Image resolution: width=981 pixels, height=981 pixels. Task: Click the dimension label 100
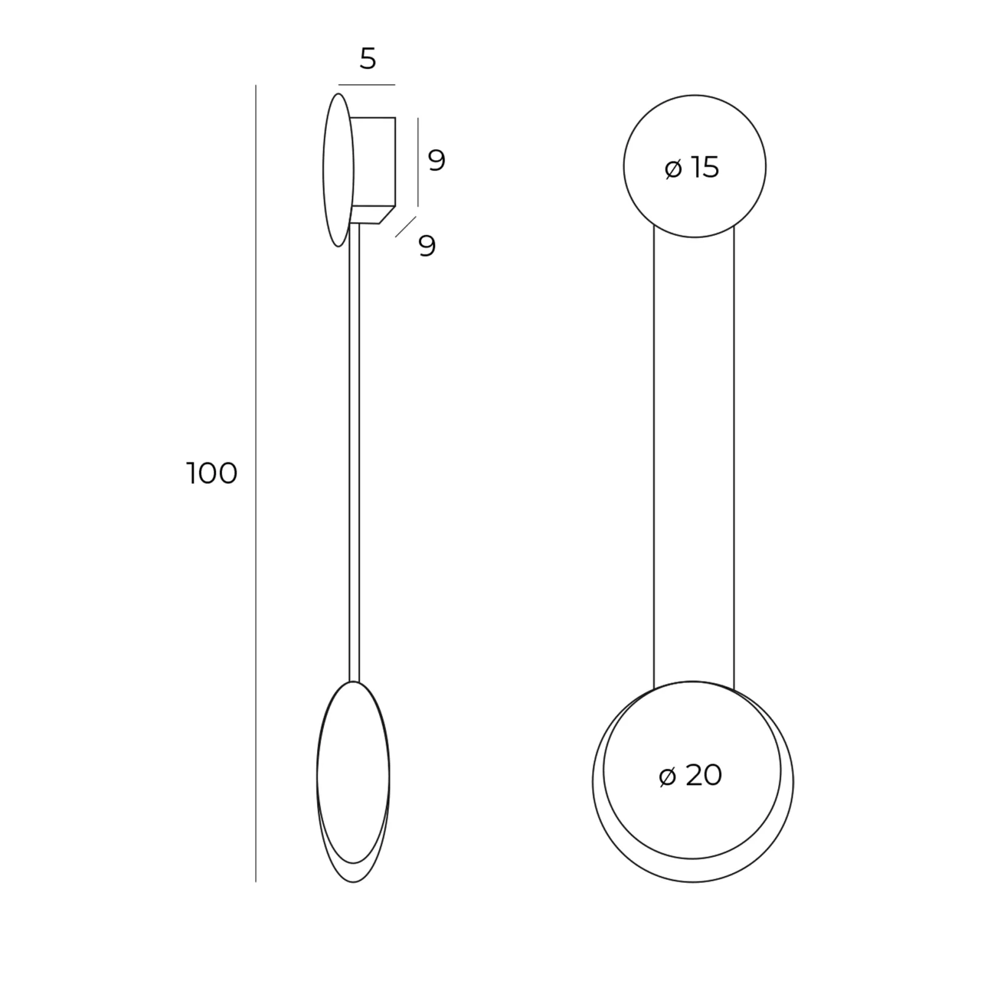click(x=212, y=473)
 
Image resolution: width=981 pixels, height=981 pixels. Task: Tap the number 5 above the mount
click(x=367, y=59)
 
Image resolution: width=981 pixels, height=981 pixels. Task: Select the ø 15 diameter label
click(x=692, y=167)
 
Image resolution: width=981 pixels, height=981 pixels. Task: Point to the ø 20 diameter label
click(x=690, y=776)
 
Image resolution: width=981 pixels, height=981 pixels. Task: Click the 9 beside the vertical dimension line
click(x=437, y=161)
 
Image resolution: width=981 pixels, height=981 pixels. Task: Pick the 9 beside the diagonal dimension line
click(x=427, y=246)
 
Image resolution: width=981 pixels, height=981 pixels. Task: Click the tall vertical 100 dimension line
click(x=256, y=483)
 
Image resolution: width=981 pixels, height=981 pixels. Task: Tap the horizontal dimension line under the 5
click(x=367, y=85)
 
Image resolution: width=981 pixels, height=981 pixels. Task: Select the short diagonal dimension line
click(x=406, y=226)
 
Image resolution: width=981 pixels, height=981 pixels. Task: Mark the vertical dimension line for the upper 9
click(x=418, y=162)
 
